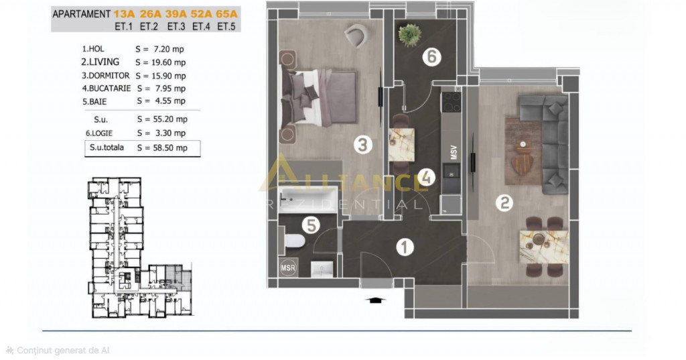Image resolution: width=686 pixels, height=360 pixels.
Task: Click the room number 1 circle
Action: pyautogui.click(x=405, y=247)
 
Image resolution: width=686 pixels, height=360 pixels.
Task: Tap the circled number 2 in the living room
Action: pyautogui.click(x=504, y=202)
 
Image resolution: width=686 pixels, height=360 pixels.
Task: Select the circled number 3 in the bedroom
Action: pyautogui.click(x=362, y=145)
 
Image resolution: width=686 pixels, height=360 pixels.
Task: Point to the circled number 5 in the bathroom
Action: pyautogui.click(x=311, y=225)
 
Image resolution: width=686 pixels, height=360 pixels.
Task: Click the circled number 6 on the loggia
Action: pyautogui.click(x=431, y=56)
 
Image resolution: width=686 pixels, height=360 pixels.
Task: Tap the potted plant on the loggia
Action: pyautogui.click(x=410, y=35)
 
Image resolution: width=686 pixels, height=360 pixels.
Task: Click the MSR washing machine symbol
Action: pyautogui.click(x=288, y=267)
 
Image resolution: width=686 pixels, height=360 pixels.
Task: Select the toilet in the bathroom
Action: pyautogui.click(x=293, y=241)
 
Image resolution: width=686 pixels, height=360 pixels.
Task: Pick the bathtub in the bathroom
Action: pyautogui.click(x=309, y=199)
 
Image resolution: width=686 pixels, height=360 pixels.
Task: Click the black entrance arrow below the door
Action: pyautogui.click(x=375, y=300)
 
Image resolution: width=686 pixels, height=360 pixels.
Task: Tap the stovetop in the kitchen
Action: pyautogui.click(x=451, y=102)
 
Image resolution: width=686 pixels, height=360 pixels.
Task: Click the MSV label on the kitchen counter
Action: pyautogui.click(x=454, y=152)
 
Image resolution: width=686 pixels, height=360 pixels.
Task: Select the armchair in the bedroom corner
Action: pyautogui.click(x=356, y=35)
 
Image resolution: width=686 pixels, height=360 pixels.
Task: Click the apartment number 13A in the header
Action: pyautogui.click(x=124, y=14)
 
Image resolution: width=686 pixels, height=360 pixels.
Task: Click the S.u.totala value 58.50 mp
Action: pyautogui.click(x=169, y=148)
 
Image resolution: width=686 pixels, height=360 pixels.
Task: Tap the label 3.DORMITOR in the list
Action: pyautogui.click(x=106, y=76)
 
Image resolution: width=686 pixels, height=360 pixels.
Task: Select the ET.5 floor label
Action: pyautogui.click(x=226, y=27)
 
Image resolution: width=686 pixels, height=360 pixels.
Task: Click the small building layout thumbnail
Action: pyautogui.click(x=141, y=247)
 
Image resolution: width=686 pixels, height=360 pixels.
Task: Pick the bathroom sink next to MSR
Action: pyautogui.click(x=322, y=269)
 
